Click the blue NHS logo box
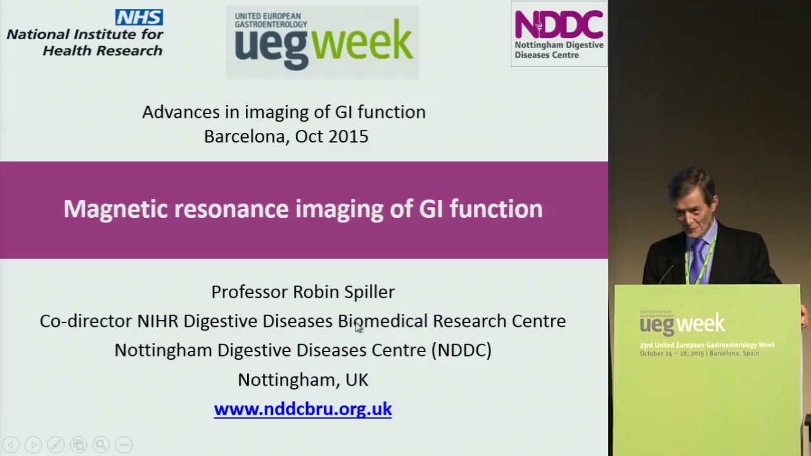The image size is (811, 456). (139, 17)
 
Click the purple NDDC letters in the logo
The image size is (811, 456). (559, 24)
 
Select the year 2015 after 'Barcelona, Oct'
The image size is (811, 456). (348, 136)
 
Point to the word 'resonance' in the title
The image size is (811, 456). (231, 209)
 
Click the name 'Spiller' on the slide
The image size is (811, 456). (369, 292)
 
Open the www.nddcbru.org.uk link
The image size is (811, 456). (303, 409)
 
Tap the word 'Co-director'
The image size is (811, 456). (86, 321)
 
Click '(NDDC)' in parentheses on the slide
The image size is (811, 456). (461, 350)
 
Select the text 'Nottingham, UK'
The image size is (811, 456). (303, 380)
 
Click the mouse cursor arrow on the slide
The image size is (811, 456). (359, 327)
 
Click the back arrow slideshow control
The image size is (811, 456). (11, 445)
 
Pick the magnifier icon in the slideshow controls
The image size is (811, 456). (101, 445)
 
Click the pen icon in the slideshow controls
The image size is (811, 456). (56, 445)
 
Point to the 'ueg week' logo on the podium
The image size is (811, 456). (682, 323)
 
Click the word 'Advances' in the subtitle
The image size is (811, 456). (181, 112)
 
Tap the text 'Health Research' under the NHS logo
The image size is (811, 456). (103, 51)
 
